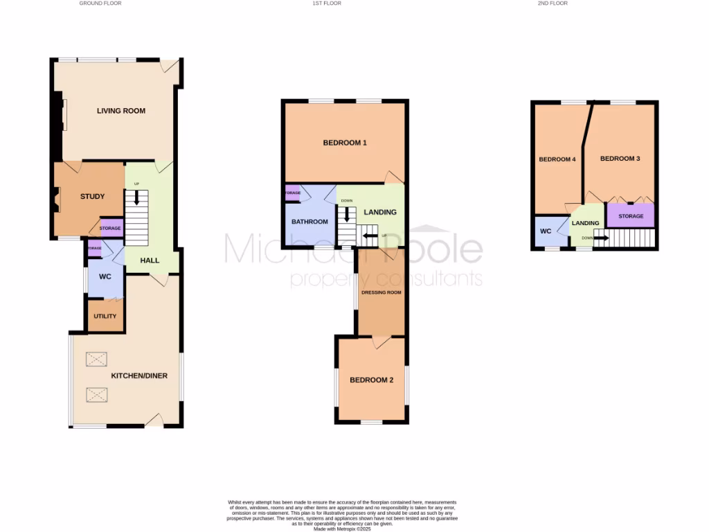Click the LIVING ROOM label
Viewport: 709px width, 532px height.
pos(121,111)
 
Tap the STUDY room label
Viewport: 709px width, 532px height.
pos(92,197)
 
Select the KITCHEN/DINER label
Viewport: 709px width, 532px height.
pos(139,376)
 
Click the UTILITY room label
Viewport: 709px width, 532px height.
pos(105,316)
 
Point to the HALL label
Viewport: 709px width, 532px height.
pos(150,261)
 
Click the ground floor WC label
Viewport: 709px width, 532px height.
pos(105,277)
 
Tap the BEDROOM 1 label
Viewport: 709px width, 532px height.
pos(345,143)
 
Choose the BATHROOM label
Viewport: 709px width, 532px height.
pos(309,222)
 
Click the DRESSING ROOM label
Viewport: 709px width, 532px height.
pos(381,293)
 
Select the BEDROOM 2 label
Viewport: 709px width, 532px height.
pos(371,380)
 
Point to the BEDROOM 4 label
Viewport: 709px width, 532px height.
pos(557,159)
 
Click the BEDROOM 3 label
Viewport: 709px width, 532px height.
pos(620,159)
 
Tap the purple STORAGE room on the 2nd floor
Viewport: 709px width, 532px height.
pos(631,216)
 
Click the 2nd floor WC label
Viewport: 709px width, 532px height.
pos(545,231)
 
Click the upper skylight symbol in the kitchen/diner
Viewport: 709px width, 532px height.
pos(97,359)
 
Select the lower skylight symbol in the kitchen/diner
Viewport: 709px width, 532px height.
pos(97,395)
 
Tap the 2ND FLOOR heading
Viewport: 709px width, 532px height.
pos(552,3)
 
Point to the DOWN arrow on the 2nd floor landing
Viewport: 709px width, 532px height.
pos(600,239)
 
